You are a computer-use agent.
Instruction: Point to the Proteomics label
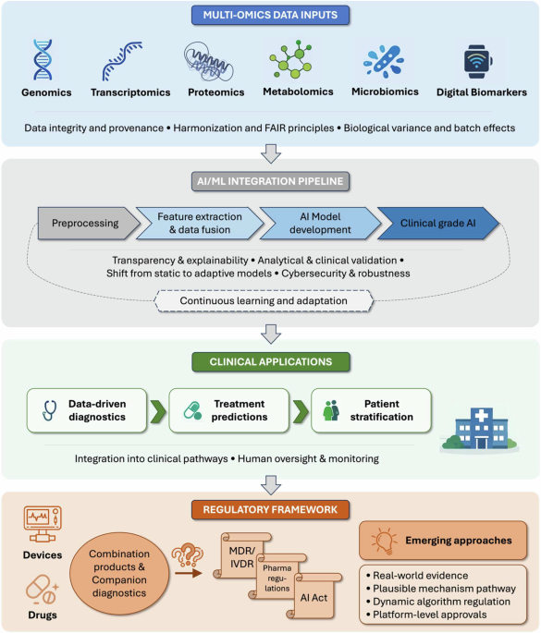[x=215, y=92]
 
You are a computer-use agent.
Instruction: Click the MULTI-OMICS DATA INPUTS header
[x=269, y=15]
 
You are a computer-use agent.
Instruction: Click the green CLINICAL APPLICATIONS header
[x=269, y=362]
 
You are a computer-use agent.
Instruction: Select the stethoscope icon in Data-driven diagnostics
[x=48, y=410]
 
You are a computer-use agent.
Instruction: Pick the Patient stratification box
[x=370, y=410]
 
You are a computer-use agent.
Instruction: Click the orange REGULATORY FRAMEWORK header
[x=269, y=507]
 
